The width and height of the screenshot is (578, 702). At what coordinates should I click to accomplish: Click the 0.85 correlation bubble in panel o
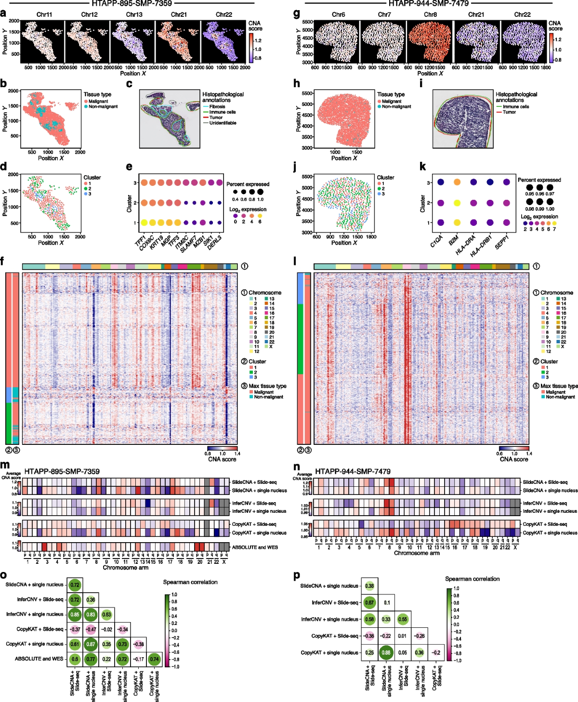(x=75, y=614)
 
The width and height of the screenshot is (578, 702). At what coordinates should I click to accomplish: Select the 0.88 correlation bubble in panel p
(x=386, y=653)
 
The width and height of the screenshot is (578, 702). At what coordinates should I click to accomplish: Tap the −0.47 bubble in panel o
(x=91, y=629)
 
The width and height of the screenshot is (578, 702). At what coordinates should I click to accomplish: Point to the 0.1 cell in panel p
(x=387, y=603)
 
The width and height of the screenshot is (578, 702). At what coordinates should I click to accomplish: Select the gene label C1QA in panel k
(x=436, y=241)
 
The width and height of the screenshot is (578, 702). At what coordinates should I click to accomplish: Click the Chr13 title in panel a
(x=134, y=14)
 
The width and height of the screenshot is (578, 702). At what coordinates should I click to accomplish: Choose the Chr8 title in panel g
(x=430, y=14)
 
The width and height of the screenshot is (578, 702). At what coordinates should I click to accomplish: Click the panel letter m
(x=5, y=466)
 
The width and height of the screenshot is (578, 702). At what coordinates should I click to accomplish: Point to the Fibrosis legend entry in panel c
(x=217, y=106)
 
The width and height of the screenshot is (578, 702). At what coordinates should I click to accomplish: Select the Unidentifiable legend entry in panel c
(x=223, y=123)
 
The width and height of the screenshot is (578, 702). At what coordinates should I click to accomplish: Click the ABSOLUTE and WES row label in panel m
(x=255, y=547)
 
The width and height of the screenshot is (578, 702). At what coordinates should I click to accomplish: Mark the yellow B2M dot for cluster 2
(x=457, y=203)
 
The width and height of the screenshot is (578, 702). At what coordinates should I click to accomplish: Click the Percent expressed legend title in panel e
(x=248, y=184)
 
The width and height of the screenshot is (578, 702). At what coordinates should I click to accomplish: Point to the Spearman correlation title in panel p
(x=472, y=579)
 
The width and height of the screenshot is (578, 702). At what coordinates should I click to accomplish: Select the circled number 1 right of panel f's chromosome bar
(x=245, y=266)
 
